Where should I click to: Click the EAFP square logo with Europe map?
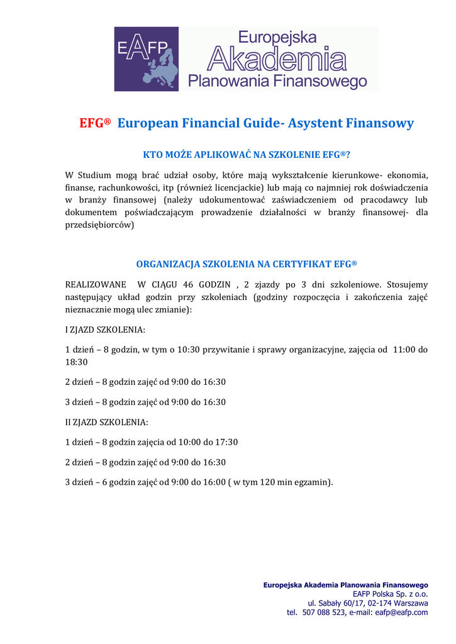[x=146, y=58]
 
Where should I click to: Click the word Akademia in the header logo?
[x=277, y=60]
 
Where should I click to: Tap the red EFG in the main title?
[x=92, y=123]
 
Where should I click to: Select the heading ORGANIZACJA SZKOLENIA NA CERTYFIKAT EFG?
[x=247, y=264]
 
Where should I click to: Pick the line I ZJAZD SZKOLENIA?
[x=105, y=330]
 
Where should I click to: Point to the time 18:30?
[x=76, y=362]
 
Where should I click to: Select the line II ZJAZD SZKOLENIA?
[x=107, y=422]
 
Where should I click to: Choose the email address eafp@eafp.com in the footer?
[x=402, y=612]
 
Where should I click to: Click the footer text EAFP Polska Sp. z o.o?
[x=390, y=594]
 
